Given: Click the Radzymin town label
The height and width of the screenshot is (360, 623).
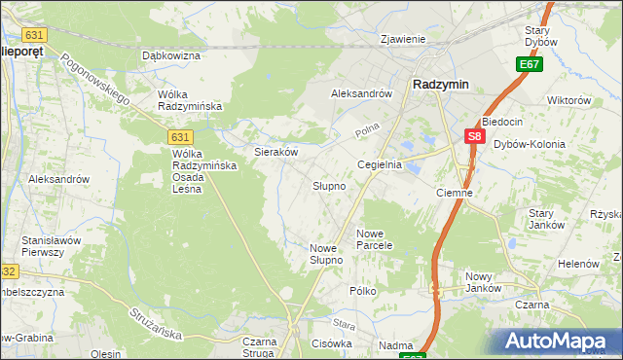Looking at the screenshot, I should [440, 85].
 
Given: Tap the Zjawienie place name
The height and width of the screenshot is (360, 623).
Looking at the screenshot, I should [404, 40].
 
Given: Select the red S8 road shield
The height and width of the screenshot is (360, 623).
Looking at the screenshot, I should [474, 137].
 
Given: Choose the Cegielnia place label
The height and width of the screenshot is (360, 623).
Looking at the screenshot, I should [380, 165].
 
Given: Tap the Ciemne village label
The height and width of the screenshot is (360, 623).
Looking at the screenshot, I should [455, 193].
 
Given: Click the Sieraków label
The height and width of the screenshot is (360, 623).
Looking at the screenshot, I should [275, 153].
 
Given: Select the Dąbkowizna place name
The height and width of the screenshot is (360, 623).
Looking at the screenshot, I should [171, 56].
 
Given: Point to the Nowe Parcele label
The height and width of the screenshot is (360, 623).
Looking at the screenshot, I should [374, 239].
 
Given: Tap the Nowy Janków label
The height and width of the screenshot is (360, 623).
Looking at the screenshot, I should [483, 282].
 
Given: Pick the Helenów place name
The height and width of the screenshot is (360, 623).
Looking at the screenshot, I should [577, 264].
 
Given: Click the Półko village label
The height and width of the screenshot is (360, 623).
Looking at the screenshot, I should [362, 291].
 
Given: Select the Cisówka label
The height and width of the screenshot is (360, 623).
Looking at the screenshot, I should [332, 343].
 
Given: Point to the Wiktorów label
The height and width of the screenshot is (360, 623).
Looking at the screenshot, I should [569, 100].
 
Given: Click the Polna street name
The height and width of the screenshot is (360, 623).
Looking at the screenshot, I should [365, 129].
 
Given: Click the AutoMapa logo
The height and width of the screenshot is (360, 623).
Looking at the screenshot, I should [559, 341].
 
